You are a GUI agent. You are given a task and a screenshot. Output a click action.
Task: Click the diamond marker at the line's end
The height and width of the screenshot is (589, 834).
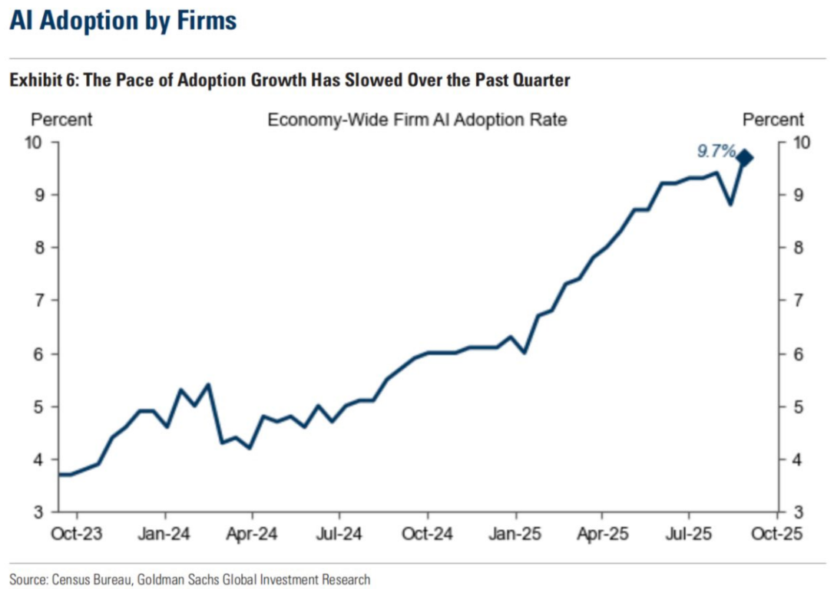pos(744,158)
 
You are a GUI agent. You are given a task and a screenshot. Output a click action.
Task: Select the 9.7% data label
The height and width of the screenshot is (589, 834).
pos(716,151)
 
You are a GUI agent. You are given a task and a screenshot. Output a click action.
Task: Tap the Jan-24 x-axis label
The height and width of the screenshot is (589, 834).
pos(164,533)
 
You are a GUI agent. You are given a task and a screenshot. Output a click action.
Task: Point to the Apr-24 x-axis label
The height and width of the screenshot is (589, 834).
pos(252,533)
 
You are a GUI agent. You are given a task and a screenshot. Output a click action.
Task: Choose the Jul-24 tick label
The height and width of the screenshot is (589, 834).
pos(339,533)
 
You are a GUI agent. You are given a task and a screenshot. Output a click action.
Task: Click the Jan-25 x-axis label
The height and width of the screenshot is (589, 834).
pos(515,533)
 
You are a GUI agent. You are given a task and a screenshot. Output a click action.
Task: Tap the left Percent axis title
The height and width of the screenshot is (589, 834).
pos(61,120)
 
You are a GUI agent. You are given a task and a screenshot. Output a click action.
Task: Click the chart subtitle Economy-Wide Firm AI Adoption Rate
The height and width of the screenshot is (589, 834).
pos(417,120)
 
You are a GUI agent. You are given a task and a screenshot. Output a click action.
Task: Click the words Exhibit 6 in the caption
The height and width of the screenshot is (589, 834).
pos(38,81)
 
